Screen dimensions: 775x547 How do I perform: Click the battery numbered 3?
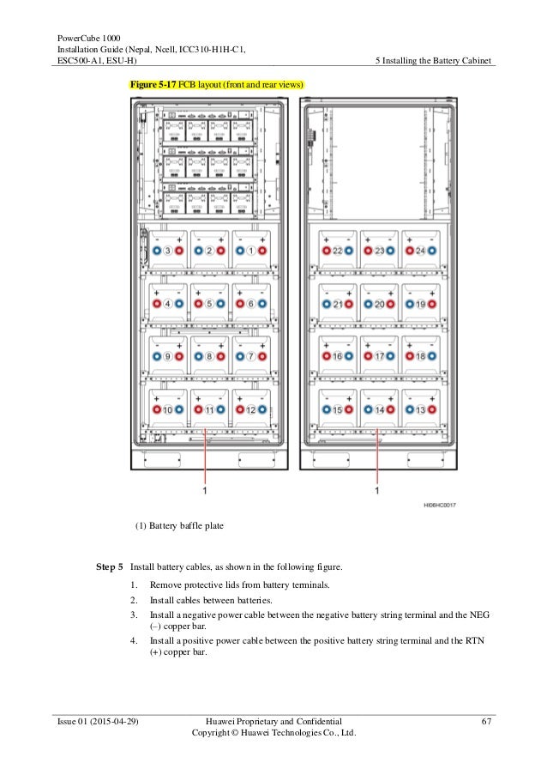point(169,251)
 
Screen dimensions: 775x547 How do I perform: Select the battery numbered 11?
point(210,410)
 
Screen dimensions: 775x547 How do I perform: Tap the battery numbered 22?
point(338,251)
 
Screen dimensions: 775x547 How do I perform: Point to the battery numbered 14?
point(379,410)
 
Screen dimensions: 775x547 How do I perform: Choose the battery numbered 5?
point(210,304)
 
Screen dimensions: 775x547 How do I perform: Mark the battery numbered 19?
point(421,304)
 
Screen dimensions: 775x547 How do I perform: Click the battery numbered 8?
point(210,356)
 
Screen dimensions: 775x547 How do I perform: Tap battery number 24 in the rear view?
point(421,251)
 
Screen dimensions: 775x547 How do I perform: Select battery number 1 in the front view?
point(252,251)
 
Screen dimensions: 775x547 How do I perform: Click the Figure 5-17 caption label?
point(216,85)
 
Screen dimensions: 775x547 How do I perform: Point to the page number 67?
point(485,722)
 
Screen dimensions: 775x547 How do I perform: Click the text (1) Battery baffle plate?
point(179,527)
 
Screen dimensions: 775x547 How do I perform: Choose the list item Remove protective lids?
point(240,584)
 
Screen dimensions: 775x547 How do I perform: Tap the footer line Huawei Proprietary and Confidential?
point(274,722)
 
